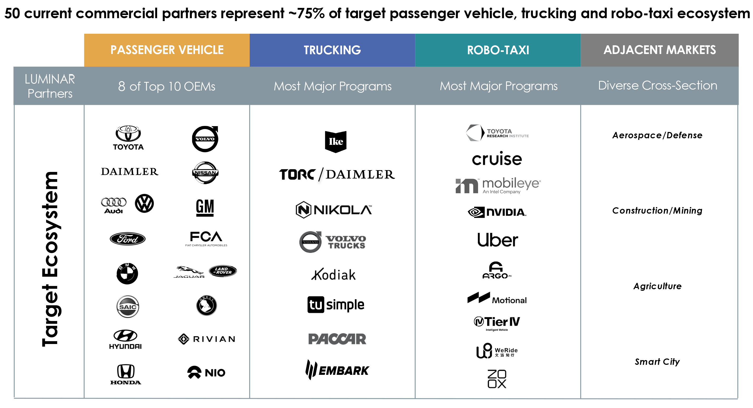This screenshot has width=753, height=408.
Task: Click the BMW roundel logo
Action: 127,273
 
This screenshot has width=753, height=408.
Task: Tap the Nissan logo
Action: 205,173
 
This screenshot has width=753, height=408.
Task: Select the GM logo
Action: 205,207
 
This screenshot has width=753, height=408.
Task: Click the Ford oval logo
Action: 128,239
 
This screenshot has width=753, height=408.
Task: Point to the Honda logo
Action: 126,374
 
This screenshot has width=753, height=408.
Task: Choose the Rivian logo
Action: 206,339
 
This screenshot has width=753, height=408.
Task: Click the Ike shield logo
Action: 336,142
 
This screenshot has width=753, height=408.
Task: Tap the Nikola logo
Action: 333,210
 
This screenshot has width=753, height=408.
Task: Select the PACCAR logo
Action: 337,339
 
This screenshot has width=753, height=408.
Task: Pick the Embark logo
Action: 337,370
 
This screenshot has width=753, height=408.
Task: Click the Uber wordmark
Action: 497,240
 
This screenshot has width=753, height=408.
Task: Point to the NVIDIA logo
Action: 497,212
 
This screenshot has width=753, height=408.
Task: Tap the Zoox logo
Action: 497,379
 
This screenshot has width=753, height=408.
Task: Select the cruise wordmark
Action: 497,159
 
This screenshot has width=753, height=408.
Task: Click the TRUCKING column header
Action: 332,50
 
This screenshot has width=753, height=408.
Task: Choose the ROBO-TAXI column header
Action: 498,50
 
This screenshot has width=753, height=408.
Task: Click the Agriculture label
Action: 657,286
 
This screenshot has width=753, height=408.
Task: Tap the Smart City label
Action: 657,362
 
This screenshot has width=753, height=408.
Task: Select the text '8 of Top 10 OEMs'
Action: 167,86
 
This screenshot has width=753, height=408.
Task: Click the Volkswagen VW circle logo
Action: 144,203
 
